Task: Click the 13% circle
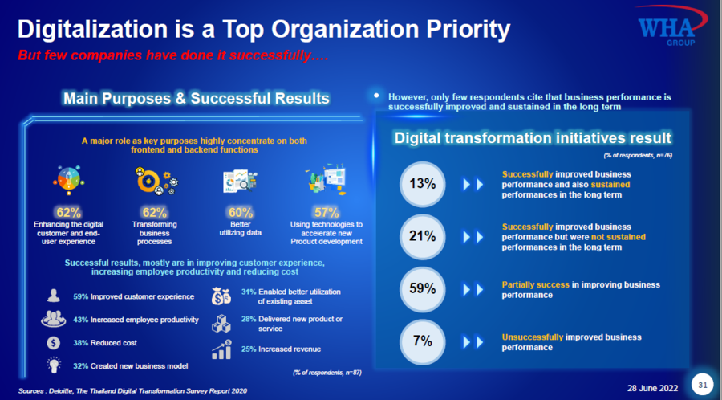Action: point(423,184)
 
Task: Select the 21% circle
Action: point(423,237)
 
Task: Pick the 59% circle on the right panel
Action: point(423,289)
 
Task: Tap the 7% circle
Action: point(423,341)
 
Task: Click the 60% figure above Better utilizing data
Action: point(241,212)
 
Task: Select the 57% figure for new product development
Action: point(327,212)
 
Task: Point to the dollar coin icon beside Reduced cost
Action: point(54,343)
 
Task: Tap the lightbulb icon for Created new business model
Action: point(54,365)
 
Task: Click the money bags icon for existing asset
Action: point(221,296)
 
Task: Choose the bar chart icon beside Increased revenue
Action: point(221,349)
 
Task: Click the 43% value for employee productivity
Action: point(80,320)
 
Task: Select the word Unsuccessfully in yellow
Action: point(533,337)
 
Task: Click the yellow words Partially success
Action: point(536,285)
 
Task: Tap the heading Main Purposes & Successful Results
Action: point(197,99)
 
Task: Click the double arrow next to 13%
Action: point(473,184)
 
